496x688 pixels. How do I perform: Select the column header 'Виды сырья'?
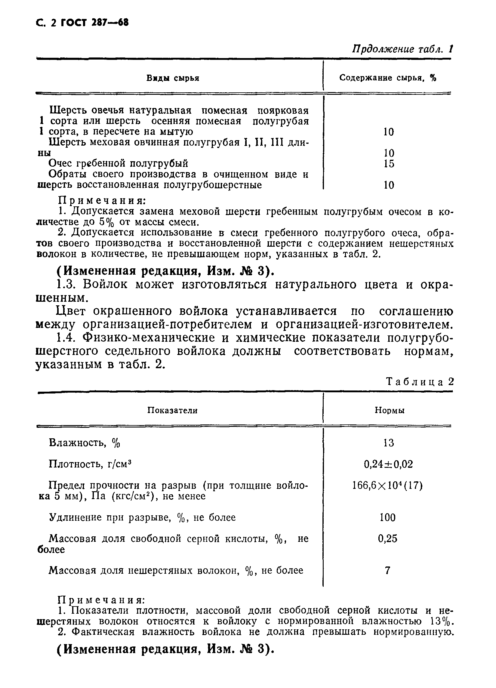click(x=173, y=78)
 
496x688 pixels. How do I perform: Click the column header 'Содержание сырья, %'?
click(x=387, y=78)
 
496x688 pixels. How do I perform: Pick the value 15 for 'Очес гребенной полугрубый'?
click(x=389, y=164)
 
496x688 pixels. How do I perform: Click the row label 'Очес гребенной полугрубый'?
click(x=118, y=164)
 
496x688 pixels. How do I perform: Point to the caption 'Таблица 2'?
click(x=420, y=381)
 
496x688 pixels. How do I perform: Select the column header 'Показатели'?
click(x=172, y=410)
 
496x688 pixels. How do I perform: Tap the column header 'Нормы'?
click(x=389, y=410)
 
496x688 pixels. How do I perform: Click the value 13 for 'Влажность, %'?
click(x=388, y=443)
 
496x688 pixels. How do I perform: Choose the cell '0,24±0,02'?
click(x=388, y=464)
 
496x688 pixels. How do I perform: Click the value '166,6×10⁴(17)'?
click(x=387, y=486)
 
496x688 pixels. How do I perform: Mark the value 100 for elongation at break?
click(x=387, y=517)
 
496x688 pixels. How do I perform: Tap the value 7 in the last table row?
click(x=387, y=570)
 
